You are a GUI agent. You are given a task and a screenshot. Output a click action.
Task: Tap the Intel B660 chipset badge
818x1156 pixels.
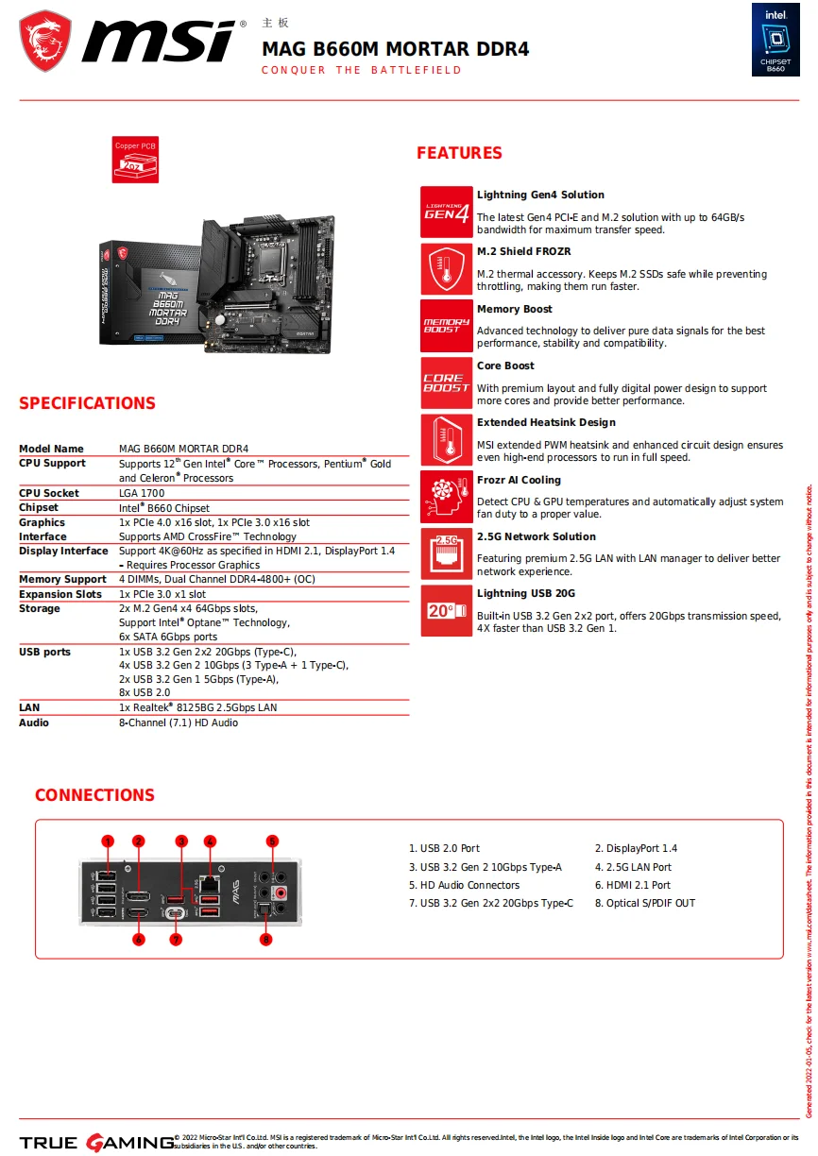775,40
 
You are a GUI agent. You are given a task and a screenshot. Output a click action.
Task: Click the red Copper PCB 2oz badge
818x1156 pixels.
135,160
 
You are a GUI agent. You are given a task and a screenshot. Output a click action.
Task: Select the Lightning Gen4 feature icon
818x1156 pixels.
446,212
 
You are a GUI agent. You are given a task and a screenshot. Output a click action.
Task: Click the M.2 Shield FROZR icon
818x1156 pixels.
446,269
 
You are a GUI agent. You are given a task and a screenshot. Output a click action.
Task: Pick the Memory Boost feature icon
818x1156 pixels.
446,326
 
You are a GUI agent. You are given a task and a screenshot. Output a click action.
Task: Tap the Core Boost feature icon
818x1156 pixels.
446,382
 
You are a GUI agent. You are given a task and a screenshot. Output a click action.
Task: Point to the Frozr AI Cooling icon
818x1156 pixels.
446,497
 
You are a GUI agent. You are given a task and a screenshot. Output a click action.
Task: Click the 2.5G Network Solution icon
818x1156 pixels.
446,553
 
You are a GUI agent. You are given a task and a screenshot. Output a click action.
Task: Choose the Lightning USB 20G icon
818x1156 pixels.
446,611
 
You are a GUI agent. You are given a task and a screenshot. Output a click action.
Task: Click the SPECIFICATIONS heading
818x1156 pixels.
87,403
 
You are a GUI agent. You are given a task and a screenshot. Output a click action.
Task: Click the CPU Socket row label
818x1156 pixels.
49,493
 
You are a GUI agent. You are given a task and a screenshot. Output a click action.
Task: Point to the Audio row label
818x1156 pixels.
34,722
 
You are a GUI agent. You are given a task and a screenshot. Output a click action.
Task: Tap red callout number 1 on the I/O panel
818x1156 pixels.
108,841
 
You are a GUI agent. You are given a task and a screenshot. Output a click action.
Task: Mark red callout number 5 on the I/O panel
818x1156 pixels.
272,841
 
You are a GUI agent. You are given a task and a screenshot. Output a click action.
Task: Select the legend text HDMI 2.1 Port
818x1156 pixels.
632,885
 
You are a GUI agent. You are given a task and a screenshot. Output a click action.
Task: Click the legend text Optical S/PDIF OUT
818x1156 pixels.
644,903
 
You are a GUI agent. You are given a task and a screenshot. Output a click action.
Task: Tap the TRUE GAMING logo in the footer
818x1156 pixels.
95,1143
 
